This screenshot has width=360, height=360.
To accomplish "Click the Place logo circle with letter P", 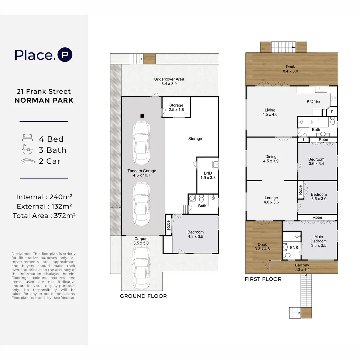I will pyautogui.click(x=65, y=55).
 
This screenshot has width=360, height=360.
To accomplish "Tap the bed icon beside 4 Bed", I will pyautogui.click(x=28, y=139).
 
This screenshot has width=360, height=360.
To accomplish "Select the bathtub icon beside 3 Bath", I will pyautogui.click(x=28, y=150).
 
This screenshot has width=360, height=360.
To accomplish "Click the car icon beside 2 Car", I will pyautogui.click(x=28, y=161).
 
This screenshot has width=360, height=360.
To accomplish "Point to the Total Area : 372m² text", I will pyautogui.click(x=44, y=216).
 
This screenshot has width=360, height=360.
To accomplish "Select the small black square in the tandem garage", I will pyautogui.click(x=142, y=116).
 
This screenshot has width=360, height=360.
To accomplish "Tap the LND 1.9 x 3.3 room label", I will pyautogui.click(x=208, y=175).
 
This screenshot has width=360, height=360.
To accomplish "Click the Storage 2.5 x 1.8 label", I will pyautogui.click(x=176, y=107).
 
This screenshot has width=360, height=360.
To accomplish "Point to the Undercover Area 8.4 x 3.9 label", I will pyautogui.click(x=169, y=82).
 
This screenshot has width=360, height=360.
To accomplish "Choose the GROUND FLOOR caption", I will pyautogui.click(x=143, y=296).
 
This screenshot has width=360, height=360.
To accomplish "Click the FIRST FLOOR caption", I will pyautogui.click(x=263, y=279).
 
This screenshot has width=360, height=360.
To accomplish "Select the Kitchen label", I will pyautogui.click(x=313, y=101).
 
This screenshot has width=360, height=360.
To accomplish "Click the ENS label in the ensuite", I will pyautogui.click(x=294, y=248).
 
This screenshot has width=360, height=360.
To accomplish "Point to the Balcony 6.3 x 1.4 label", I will pyautogui.click(x=302, y=268).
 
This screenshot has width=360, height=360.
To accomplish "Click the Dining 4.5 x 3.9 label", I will pyautogui.click(x=271, y=159).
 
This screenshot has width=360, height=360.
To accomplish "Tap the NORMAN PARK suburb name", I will pyautogui.click(x=44, y=100).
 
